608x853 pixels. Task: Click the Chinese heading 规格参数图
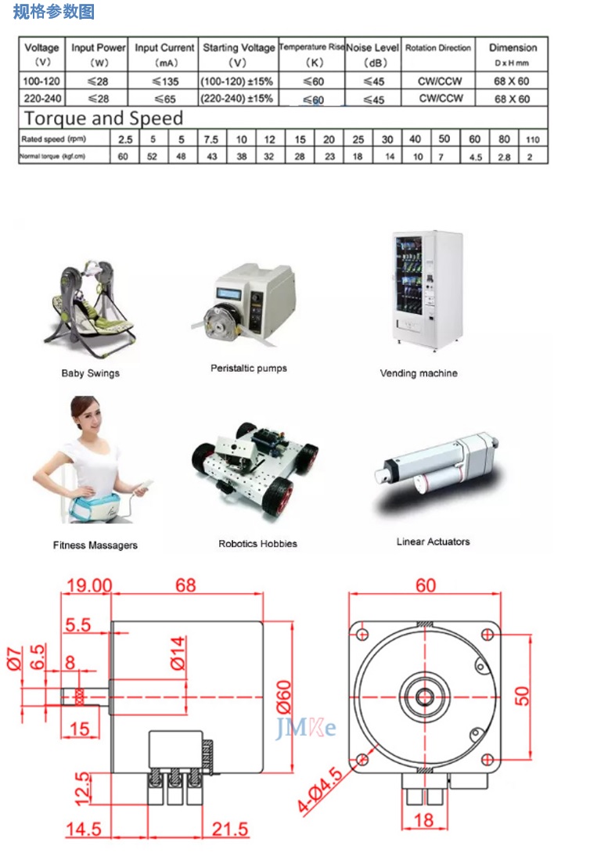pos(53,11)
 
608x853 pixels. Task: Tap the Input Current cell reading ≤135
pos(165,81)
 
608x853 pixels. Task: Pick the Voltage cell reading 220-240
pos(42,99)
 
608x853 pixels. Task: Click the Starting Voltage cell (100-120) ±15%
pos(237,81)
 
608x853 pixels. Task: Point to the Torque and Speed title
pos(103,118)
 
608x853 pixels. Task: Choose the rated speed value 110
pos(532,140)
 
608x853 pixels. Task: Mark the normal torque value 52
pos(153,157)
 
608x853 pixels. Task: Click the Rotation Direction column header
pos(437,48)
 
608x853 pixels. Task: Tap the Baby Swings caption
pos(90,373)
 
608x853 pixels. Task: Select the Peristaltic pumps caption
pos(249,369)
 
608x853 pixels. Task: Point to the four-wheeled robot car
pos(254,466)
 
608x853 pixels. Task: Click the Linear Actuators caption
pos(433,542)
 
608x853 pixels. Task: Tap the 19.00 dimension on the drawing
pos(88,585)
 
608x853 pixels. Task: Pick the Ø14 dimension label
pos(178,653)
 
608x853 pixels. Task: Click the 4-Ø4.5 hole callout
pos(320,790)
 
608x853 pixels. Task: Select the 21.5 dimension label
pos(229,829)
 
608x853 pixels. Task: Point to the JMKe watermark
pos(306,728)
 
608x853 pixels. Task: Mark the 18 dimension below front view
pos(423,820)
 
